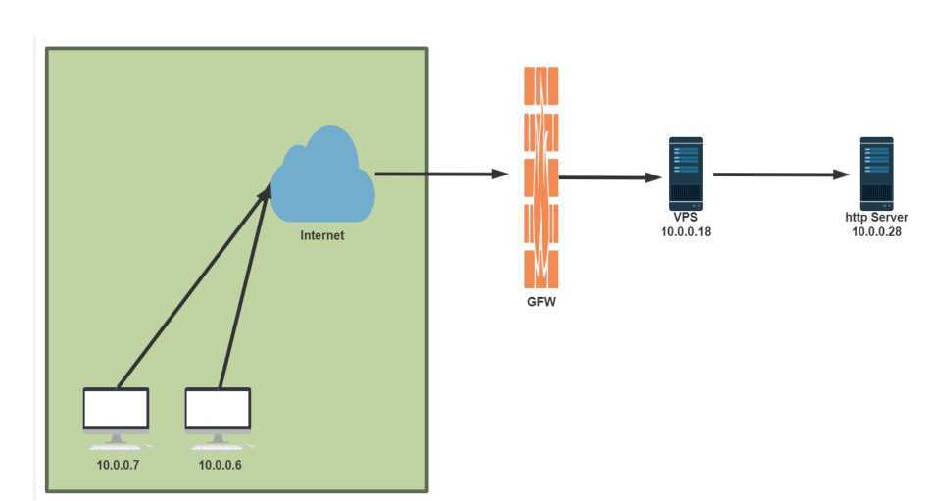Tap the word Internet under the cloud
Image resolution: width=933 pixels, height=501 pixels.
(322, 235)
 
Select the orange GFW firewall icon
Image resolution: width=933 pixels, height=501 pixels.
(541, 176)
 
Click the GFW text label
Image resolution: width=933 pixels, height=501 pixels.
(541, 303)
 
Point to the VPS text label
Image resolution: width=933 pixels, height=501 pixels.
(685, 217)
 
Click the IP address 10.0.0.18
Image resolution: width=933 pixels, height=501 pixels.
(685, 231)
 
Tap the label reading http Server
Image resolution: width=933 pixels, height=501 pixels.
(876, 217)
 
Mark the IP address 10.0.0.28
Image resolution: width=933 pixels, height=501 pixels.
(876, 231)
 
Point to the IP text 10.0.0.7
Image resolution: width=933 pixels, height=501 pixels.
(119, 464)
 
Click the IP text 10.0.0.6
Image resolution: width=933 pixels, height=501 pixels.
(220, 464)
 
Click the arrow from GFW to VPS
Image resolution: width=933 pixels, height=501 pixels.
(608, 177)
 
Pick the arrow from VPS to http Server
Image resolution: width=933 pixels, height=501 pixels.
(779, 175)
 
